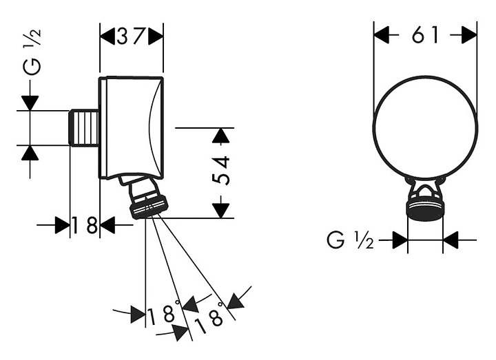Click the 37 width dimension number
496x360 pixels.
(131, 36)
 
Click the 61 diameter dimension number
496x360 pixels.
(425, 35)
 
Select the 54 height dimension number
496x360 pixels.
(220, 170)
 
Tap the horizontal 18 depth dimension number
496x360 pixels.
(85, 224)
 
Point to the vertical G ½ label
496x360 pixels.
(32, 52)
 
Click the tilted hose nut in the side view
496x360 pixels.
(148, 207)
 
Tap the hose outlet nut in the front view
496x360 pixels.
(425, 210)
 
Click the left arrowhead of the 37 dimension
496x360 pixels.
(107, 35)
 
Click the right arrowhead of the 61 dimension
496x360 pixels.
(469, 35)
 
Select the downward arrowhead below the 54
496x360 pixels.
(220, 210)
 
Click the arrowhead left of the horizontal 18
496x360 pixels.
(62, 224)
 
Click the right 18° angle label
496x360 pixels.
(209, 319)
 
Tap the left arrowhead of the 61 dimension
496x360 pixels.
(381, 35)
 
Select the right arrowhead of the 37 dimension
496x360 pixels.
(156, 35)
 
